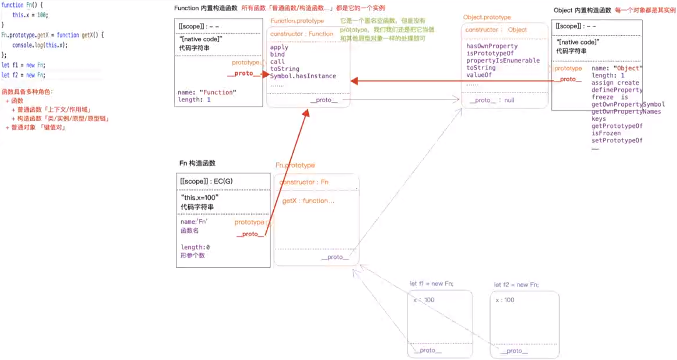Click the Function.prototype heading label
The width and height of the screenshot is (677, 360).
(297, 21)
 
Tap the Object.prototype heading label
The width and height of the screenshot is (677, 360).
(487, 17)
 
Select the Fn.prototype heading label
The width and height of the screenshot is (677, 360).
(295, 165)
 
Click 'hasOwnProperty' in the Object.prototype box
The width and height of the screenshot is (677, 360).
(492, 46)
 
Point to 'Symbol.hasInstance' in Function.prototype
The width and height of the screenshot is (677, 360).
(303, 76)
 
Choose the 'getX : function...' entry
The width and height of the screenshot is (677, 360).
(308, 201)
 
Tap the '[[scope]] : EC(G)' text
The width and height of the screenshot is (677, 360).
(206, 181)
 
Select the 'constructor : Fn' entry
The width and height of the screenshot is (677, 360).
(304, 182)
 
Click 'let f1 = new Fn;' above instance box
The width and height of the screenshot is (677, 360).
(431, 284)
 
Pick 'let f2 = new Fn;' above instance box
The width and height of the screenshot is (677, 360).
(516, 285)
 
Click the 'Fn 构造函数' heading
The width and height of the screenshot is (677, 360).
(197, 163)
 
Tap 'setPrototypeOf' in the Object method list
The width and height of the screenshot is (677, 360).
(617, 140)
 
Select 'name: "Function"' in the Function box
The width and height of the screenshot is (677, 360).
(207, 92)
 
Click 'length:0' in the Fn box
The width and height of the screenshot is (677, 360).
(195, 247)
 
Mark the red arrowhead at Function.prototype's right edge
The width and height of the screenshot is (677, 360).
(354, 81)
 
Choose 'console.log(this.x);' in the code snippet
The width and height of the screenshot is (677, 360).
(40, 45)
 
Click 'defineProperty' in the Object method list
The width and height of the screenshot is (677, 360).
(617, 90)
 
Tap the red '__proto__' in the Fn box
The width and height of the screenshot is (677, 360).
(250, 234)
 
